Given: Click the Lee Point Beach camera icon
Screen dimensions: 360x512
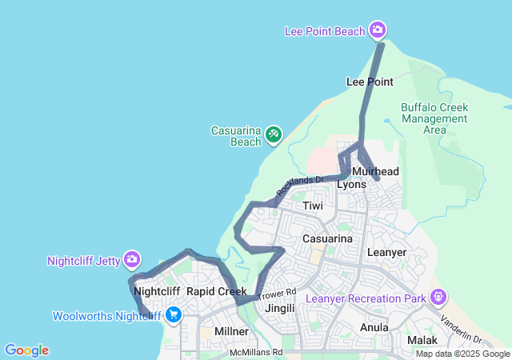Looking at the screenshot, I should pyautogui.click(x=378, y=31).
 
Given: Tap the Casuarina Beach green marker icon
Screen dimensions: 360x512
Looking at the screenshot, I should pyautogui.click(x=274, y=134).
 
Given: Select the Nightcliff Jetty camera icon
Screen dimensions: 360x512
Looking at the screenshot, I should pyautogui.click(x=132, y=260).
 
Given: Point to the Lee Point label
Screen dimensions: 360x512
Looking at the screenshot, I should pyautogui.click(x=369, y=82).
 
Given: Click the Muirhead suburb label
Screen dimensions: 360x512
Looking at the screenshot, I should pyautogui.click(x=375, y=171).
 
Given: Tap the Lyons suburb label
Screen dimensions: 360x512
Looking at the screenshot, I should pyautogui.click(x=351, y=185).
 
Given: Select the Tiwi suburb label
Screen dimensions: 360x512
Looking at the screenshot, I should pyautogui.click(x=313, y=206).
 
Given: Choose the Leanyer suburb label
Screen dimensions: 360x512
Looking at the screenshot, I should pyautogui.click(x=386, y=252).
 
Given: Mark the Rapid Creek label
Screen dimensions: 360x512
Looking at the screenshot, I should pyautogui.click(x=216, y=291).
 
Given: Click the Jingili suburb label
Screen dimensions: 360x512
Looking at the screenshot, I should pyautogui.click(x=280, y=308).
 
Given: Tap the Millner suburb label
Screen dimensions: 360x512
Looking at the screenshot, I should pyautogui.click(x=231, y=330).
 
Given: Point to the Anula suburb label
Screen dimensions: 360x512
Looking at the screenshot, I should pyautogui.click(x=374, y=327).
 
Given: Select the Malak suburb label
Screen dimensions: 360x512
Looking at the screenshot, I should pyautogui.click(x=422, y=340).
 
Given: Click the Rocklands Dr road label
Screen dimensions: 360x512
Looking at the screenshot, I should pyautogui.click(x=299, y=186).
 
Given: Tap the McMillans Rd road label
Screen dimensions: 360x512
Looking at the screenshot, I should pyautogui.click(x=256, y=352).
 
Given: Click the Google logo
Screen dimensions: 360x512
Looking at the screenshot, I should pyautogui.click(x=26, y=350).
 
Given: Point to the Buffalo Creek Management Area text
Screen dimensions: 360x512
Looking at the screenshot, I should pyautogui.click(x=434, y=118).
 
